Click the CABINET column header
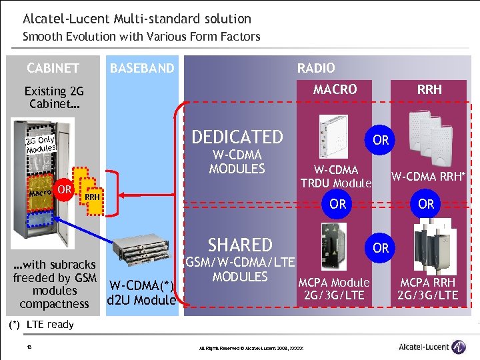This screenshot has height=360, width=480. pos(53,68)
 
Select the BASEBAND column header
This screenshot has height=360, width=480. pos(142,68)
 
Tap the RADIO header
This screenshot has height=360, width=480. pos(316,68)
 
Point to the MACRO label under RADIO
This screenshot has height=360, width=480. pos(335,89)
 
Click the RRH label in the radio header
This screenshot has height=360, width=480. pos(429,89)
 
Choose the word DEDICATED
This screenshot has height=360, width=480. pos(237,137)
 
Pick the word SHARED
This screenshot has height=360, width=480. pos(240,245)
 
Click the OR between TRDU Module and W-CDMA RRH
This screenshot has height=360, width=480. pos(381,141)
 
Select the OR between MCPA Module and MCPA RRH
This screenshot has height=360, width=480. pos(381,248)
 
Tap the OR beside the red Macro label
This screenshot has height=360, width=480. pos(65,190)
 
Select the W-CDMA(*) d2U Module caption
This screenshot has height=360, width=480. pos(141,293)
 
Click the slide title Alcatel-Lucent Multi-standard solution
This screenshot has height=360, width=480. pos(137,19)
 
